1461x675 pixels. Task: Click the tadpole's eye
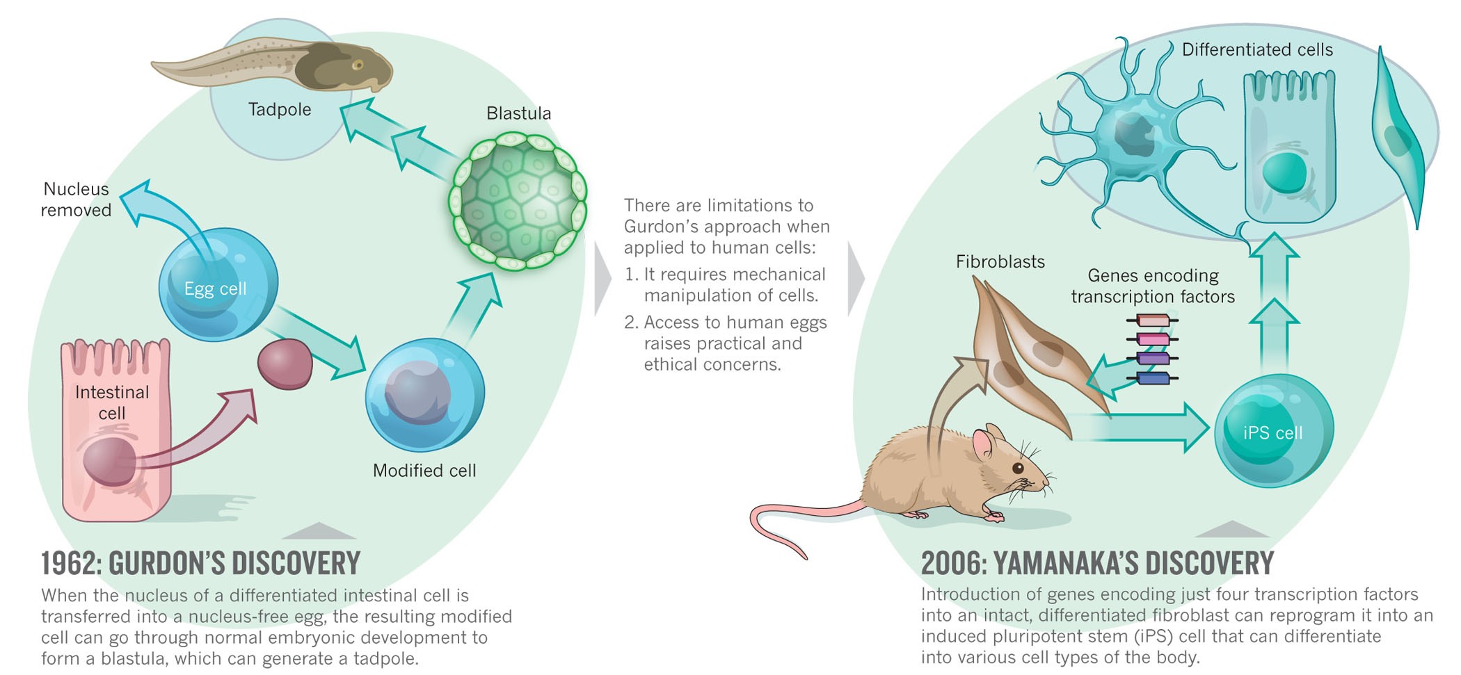coord(358,65)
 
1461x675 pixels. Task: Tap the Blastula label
coord(518,113)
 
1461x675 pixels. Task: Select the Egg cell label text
coord(215,288)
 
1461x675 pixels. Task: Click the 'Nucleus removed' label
coord(76,200)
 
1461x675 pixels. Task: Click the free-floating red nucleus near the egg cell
coord(285,364)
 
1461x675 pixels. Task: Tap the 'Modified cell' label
coord(424,471)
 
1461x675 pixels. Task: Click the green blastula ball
coord(519,202)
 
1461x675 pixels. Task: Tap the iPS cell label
coord(1272,433)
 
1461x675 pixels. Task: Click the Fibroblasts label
coord(1000,262)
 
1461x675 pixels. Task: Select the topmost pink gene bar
coord(1152,320)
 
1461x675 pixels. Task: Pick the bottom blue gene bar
coord(1152,379)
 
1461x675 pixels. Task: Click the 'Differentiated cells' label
coord(1257,50)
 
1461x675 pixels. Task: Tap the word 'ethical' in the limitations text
coord(675,364)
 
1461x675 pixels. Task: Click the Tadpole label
coord(280,110)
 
